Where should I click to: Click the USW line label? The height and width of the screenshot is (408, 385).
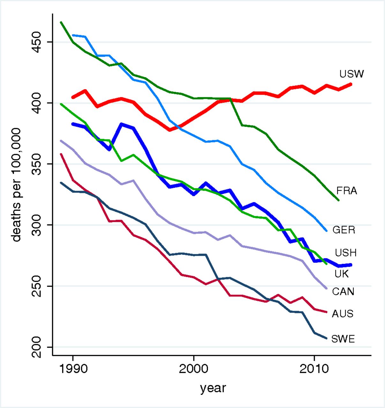pos(352,74)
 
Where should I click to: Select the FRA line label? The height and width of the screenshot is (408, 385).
pos(347,191)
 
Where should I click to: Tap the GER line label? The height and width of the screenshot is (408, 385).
pos(344,230)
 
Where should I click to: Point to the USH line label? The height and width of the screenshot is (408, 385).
pos(345,253)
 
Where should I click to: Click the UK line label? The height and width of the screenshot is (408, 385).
pos(341,274)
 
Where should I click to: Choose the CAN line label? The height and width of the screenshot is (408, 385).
pos(343,291)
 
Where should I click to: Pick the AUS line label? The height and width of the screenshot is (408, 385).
pos(343,314)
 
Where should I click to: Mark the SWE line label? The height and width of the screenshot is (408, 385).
pos(343,339)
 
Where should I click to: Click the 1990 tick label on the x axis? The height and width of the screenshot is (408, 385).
pos(73,369)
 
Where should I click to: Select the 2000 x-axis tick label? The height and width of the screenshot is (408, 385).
pos(193,369)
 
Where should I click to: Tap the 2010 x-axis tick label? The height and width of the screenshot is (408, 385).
pos(314,369)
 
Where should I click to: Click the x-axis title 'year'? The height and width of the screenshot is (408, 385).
pos(213,388)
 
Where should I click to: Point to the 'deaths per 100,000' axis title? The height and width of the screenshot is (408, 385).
pos(16,185)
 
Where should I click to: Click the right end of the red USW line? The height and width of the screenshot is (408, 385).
pos(351,84)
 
